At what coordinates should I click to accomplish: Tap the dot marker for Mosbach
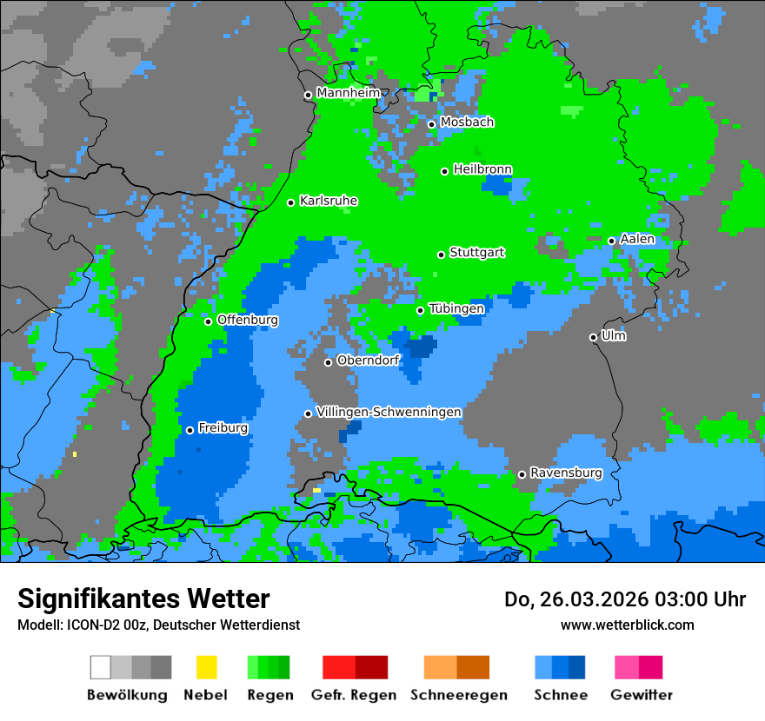click(431, 124)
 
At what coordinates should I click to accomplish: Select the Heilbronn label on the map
click(482, 169)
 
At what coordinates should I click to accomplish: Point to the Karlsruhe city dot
click(291, 202)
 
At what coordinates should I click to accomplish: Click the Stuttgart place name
click(477, 253)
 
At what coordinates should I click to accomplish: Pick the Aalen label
click(637, 239)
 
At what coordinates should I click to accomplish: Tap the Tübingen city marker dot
click(421, 310)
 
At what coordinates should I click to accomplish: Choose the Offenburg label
click(248, 320)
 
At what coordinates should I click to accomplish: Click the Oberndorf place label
click(369, 360)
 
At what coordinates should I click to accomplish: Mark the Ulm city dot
click(594, 337)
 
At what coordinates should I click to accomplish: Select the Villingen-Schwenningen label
click(389, 412)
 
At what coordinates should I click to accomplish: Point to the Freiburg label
click(223, 428)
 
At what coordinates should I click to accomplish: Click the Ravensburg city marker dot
click(522, 474)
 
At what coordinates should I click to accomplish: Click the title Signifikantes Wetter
click(143, 599)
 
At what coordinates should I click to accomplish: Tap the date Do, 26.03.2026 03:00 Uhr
click(625, 599)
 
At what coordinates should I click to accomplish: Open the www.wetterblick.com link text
click(628, 625)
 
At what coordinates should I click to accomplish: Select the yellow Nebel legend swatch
click(206, 667)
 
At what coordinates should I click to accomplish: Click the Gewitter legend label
click(642, 695)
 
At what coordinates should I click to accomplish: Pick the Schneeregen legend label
click(457, 695)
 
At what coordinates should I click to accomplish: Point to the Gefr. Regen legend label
click(354, 695)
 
